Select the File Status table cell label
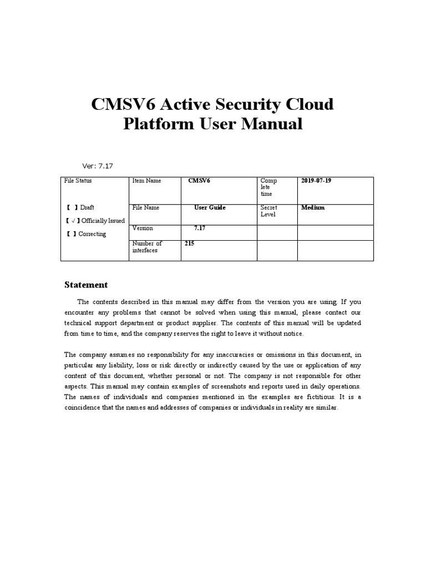pyautogui.click(x=78, y=181)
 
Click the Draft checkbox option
pyautogui.click(x=80, y=207)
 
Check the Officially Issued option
pyautogui.click(x=95, y=221)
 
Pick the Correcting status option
pyautogui.click(x=86, y=234)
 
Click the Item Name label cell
pyautogui.click(x=147, y=181)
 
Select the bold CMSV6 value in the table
pyautogui.click(x=199, y=181)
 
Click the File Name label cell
pyautogui.click(x=146, y=207)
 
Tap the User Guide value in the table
pyautogui.click(x=210, y=207)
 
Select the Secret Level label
pyautogui.click(x=269, y=211)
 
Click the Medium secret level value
pyautogui.click(x=313, y=207)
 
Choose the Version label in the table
pyautogui.click(x=143, y=228)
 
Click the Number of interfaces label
pyautogui.click(x=147, y=247)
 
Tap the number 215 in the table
pyautogui.click(x=190, y=243)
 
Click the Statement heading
pyautogui.click(x=86, y=285)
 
